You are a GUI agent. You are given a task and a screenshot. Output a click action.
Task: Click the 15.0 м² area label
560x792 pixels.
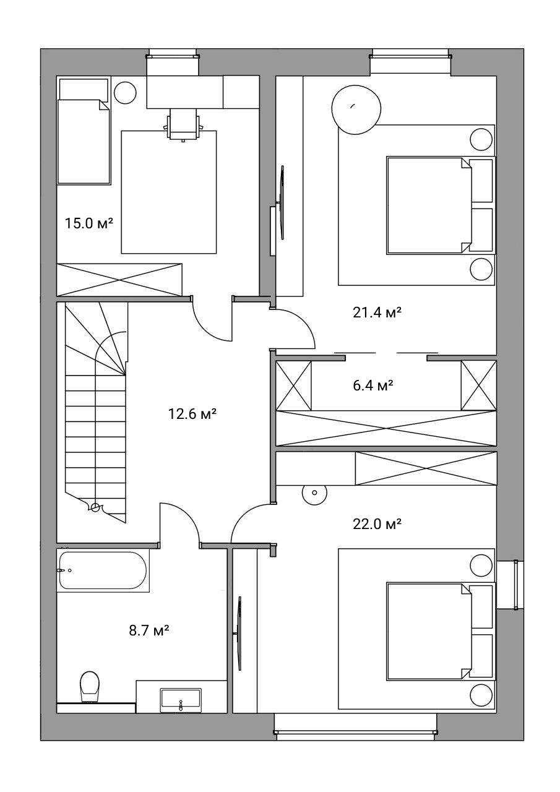point(88,224)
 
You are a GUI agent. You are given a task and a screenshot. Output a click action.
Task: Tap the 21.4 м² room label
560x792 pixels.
point(377,312)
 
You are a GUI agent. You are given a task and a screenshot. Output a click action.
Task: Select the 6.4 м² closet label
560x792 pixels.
point(373,385)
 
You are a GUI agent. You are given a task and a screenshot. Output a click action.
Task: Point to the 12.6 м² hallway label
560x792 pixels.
point(192,413)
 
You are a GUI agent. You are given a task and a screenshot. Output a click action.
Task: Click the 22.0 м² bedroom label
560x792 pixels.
point(377,524)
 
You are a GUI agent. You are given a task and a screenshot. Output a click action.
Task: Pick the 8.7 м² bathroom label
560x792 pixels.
point(149,630)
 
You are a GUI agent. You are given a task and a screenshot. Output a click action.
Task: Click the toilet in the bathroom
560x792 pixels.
point(90,686)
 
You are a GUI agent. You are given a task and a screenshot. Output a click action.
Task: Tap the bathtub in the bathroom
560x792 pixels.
point(103,570)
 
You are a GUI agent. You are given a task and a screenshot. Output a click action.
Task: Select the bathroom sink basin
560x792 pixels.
point(181,700)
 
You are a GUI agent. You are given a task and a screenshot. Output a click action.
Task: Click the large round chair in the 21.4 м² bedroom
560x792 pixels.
point(356,110)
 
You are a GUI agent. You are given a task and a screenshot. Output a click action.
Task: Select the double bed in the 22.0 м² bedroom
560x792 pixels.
point(440,631)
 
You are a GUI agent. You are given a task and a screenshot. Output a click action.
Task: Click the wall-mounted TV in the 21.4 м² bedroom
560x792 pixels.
point(282,202)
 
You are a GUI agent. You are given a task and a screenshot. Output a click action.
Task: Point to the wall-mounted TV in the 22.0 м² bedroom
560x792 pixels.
point(239,633)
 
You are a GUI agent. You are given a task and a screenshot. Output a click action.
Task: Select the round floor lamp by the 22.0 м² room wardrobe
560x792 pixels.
point(314,493)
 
